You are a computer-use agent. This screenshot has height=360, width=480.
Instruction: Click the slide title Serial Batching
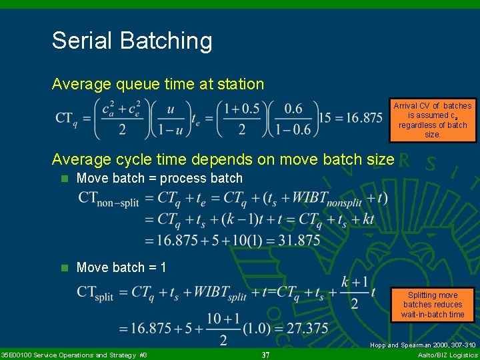(132, 41)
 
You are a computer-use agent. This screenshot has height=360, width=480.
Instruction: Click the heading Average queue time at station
(158, 84)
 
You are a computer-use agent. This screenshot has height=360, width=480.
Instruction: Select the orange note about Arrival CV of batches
(432, 120)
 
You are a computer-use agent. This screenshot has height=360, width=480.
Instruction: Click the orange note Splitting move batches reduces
(432, 305)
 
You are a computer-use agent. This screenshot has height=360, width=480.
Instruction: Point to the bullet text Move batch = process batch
(159, 178)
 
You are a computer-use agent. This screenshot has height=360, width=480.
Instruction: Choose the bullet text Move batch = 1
(121, 267)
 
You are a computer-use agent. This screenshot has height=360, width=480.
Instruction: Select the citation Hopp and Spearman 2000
(423, 345)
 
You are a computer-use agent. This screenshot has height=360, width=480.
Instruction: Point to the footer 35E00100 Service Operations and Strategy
(74, 355)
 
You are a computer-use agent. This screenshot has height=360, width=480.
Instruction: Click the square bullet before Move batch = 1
(64, 268)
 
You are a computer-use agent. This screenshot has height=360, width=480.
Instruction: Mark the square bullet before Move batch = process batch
(64, 179)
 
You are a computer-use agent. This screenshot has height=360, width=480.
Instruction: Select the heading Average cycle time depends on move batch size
(223, 159)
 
